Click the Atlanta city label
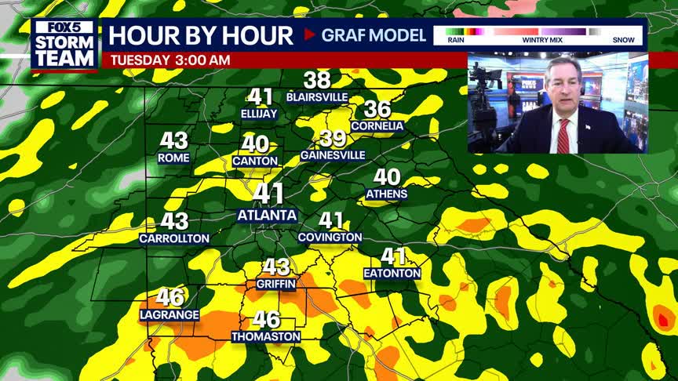[x=267, y=215]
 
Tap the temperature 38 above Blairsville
[x=317, y=80]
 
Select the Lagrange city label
[x=169, y=315]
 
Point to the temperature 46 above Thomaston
[x=266, y=320]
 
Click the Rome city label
[x=173, y=158]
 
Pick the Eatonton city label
[x=392, y=274]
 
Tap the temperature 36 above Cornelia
[x=377, y=110]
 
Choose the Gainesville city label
[x=333, y=155]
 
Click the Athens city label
[x=387, y=194]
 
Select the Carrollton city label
[x=174, y=238]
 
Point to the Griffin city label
[x=275, y=285]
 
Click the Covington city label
[x=330, y=238]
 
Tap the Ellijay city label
[x=259, y=114]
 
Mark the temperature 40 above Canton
[x=255, y=144]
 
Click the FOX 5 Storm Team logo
[x=64, y=44]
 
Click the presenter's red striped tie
[x=563, y=136]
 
